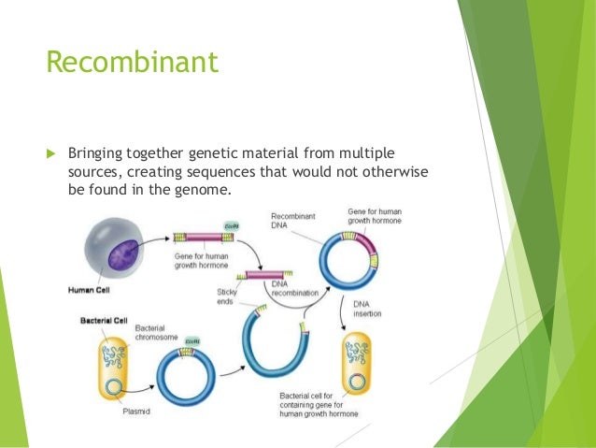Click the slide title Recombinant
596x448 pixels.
(132, 63)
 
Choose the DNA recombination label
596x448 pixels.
(293, 288)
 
